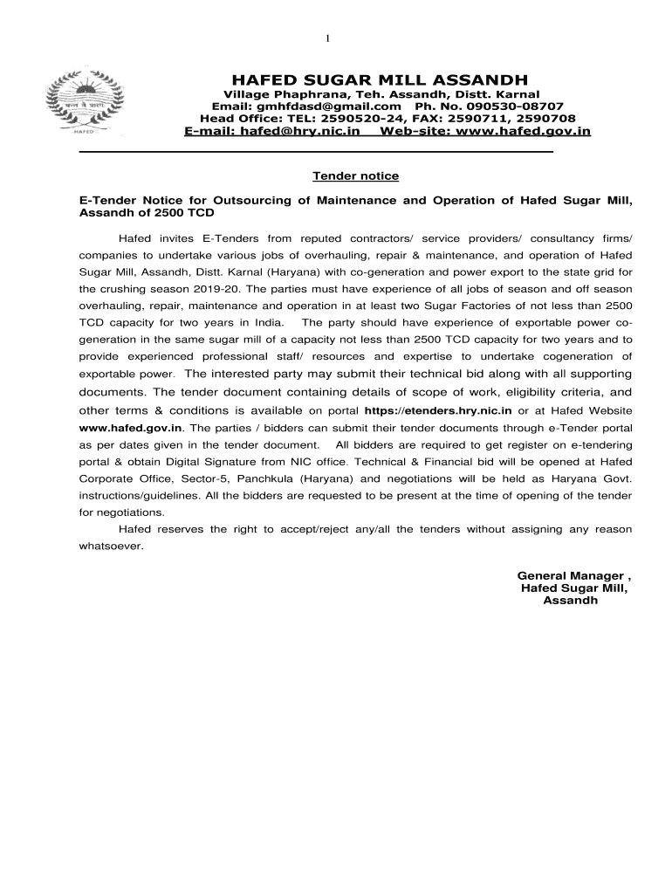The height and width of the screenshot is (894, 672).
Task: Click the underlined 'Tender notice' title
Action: pyautogui.click(x=355, y=176)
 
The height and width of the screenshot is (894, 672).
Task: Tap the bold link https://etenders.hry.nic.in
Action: pyautogui.click(x=437, y=410)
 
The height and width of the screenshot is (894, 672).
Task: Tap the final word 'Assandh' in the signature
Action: pyautogui.click(x=570, y=601)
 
